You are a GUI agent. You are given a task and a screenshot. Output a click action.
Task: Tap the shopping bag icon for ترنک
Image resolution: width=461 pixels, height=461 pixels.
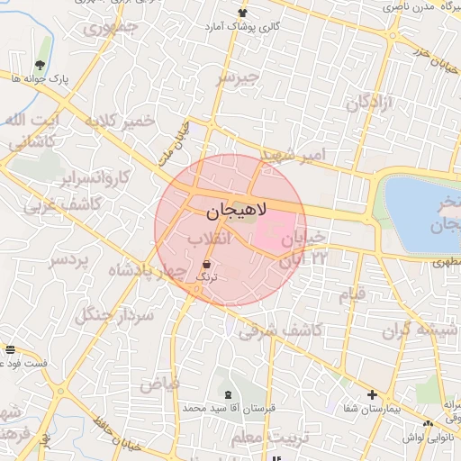[208, 264]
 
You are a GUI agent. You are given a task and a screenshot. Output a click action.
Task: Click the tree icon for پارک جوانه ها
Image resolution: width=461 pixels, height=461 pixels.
[41, 64]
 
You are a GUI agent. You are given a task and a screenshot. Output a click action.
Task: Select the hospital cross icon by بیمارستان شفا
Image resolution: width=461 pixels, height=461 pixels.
[373, 394]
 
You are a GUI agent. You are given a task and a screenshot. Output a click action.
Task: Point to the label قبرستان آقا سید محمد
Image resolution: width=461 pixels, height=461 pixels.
[229, 408]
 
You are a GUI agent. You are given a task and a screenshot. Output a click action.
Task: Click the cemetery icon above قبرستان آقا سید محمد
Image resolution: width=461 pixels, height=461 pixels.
[227, 394]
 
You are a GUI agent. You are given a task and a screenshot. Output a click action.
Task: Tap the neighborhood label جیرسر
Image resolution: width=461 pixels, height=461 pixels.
[238, 79]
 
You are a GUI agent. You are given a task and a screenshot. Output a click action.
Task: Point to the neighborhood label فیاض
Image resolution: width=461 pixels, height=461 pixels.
[159, 384]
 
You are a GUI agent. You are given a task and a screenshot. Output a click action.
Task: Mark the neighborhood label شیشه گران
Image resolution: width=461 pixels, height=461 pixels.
[429, 330]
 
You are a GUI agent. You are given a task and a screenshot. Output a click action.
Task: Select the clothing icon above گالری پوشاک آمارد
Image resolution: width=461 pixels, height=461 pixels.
[242, 12]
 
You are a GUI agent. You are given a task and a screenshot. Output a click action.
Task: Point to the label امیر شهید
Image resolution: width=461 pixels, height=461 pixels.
[287, 154]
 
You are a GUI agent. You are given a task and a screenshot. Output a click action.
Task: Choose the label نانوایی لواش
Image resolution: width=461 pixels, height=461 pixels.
[427, 436]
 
